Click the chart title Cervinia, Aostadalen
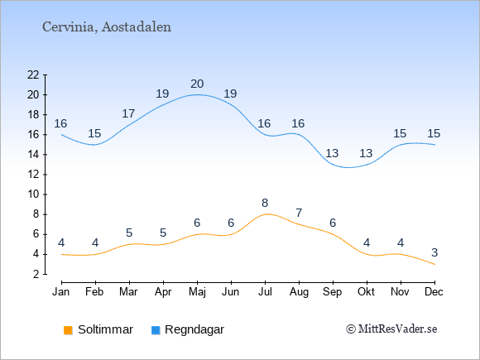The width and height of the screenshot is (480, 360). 107,27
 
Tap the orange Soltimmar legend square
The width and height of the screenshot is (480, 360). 68,330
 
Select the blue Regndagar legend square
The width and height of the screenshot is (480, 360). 156,330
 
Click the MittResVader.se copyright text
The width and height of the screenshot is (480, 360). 391,329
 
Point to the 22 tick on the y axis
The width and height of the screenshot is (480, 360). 33,74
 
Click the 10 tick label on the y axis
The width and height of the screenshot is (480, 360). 33,194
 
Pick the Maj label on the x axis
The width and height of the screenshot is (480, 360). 197,292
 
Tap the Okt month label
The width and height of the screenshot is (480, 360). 366,292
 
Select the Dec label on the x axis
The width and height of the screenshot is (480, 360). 434,292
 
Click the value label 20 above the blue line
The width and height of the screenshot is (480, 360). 197,84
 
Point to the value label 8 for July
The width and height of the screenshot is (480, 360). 265,203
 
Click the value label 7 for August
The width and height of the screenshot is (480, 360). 299,213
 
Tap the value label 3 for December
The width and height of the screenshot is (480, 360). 434,252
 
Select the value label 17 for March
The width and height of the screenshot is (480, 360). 128,113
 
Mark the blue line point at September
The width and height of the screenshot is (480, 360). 333,165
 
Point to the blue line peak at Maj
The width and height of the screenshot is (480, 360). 198,94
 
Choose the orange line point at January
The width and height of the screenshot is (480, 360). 62,254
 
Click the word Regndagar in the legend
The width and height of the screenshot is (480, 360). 194,329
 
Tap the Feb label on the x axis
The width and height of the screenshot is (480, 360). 94,292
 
